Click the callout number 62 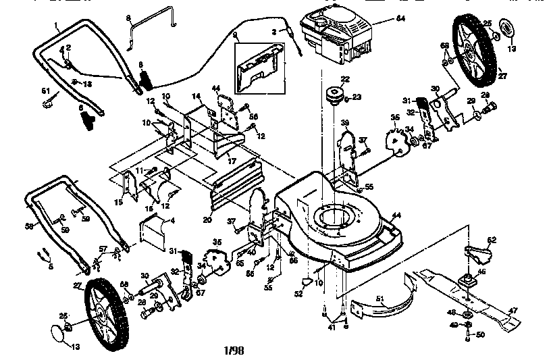click(x=492, y=239)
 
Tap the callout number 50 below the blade click(x=480, y=335)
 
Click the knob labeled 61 click(x=47, y=103)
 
